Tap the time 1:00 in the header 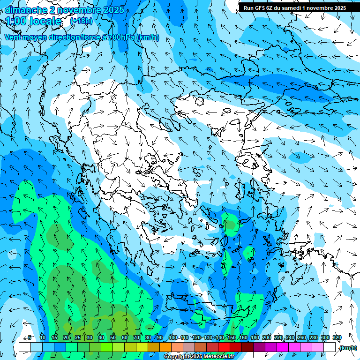pos(16,21)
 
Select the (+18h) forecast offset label pos(81,21)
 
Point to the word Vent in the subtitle pos(13,37)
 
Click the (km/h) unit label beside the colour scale pos(347,348)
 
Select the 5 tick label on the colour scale pos(30,338)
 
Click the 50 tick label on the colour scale pos(113,338)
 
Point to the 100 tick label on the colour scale pos(173,338)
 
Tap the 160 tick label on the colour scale pos(243,338)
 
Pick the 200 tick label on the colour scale pos(267,338)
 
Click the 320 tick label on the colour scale pos(337,338)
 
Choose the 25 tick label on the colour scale pos(78,338)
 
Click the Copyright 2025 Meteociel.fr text pos(199,356)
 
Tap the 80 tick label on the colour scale pos(148,338)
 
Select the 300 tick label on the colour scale pos(325,338)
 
